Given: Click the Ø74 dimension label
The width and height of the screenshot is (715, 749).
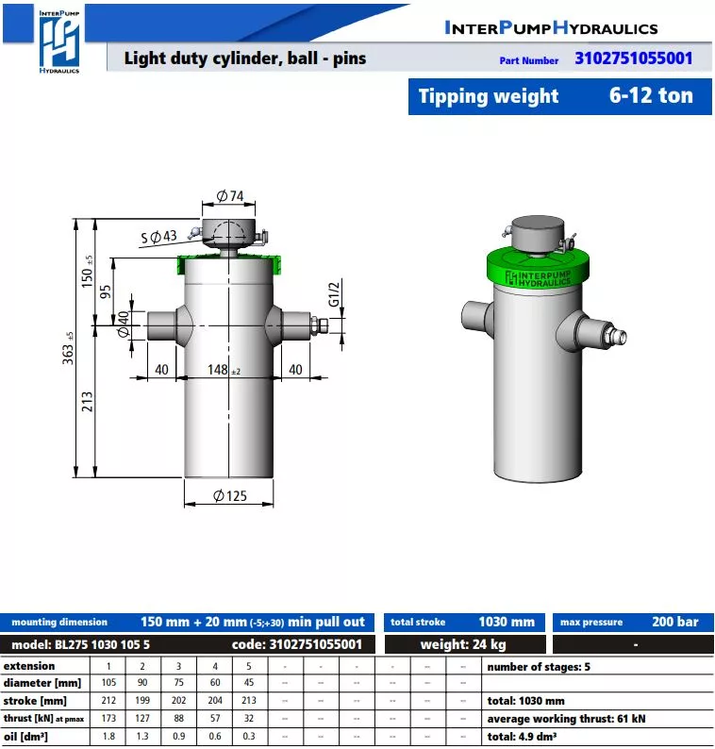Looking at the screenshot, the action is pyautogui.click(x=230, y=196).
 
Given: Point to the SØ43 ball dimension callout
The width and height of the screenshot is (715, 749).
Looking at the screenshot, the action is pyautogui.click(x=159, y=237).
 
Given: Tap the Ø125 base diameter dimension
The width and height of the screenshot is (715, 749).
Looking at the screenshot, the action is pyautogui.click(x=230, y=496).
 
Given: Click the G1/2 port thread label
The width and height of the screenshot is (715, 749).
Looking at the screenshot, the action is pyautogui.click(x=334, y=293).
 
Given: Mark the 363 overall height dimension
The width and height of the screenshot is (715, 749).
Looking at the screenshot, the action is pyautogui.click(x=68, y=348).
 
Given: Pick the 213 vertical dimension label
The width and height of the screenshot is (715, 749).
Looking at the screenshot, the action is pyautogui.click(x=87, y=402).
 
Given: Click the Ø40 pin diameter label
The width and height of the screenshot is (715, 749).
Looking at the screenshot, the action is pyautogui.click(x=124, y=324).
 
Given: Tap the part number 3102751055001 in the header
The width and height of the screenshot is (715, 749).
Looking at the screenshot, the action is pyautogui.click(x=633, y=58).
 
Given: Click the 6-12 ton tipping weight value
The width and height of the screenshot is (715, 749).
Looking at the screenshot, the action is pyautogui.click(x=651, y=95).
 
